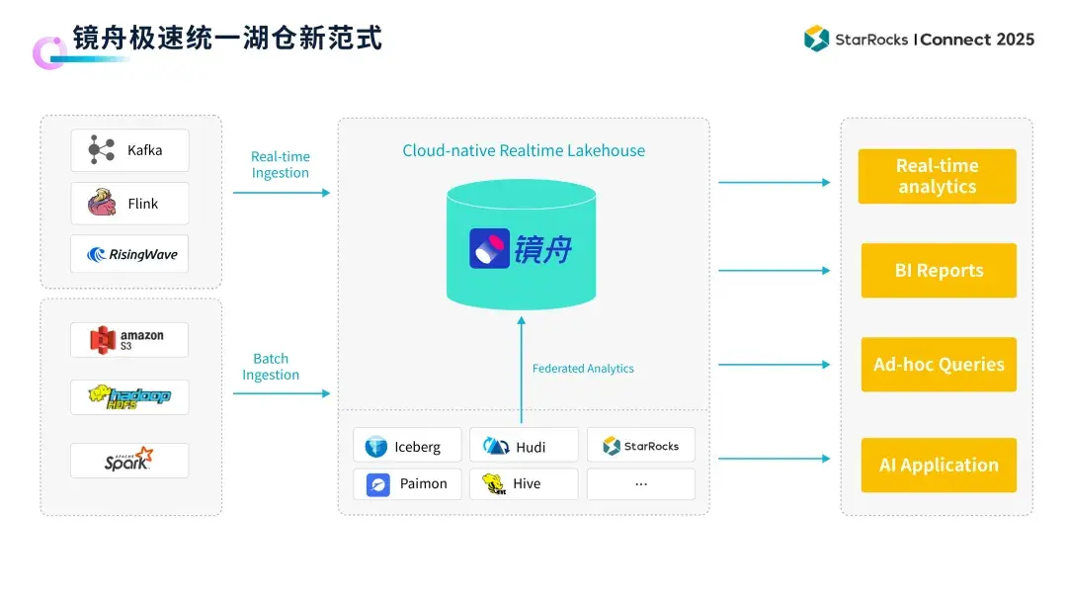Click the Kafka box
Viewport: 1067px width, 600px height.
(x=129, y=150)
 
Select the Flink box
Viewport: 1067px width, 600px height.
(x=129, y=204)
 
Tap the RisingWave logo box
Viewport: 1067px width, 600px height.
(x=129, y=254)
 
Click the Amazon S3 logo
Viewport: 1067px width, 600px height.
(x=128, y=340)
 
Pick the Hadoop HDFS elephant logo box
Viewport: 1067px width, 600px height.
(x=129, y=397)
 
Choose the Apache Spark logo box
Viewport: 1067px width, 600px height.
(x=129, y=461)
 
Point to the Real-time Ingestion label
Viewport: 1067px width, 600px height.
(x=281, y=165)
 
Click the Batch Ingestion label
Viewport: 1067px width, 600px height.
(x=271, y=367)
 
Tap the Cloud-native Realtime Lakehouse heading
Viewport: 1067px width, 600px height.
(x=524, y=151)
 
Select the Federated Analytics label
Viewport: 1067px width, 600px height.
(x=583, y=369)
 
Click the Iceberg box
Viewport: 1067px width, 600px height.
(x=407, y=446)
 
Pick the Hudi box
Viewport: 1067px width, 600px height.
(x=524, y=446)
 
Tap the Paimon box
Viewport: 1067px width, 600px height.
(x=407, y=483)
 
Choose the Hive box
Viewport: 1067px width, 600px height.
(x=524, y=483)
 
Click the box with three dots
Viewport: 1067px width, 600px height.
(x=640, y=483)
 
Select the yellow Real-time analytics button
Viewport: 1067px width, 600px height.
(x=937, y=176)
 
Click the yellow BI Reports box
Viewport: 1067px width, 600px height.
(x=939, y=271)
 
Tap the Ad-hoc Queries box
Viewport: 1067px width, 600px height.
(x=939, y=365)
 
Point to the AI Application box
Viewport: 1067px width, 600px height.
(x=939, y=465)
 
